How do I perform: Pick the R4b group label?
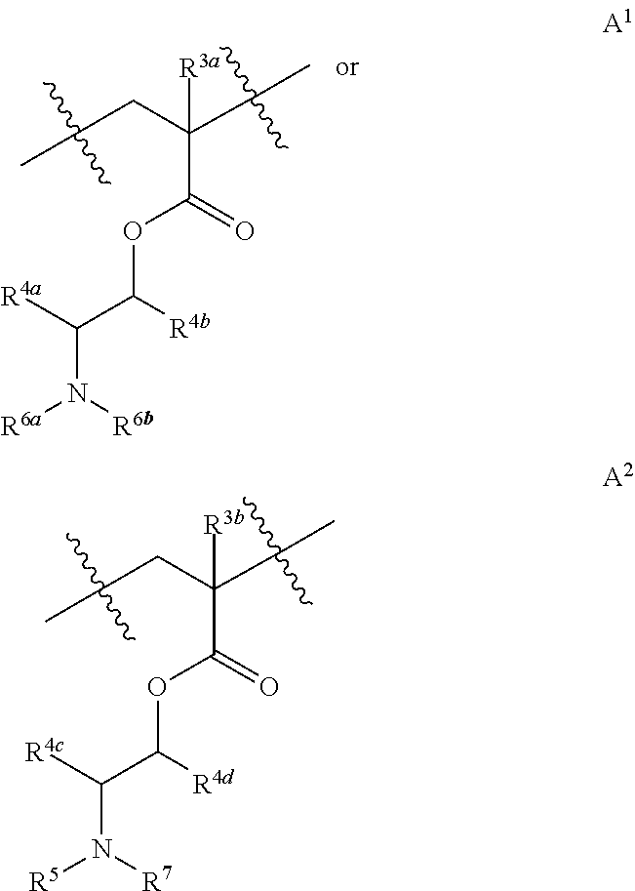(x=192, y=326)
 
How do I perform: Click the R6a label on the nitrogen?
(x=21, y=427)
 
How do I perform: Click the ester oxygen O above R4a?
(x=133, y=232)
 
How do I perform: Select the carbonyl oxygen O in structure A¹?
(x=244, y=232)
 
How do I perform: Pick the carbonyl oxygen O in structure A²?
(x=268, y=686)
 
